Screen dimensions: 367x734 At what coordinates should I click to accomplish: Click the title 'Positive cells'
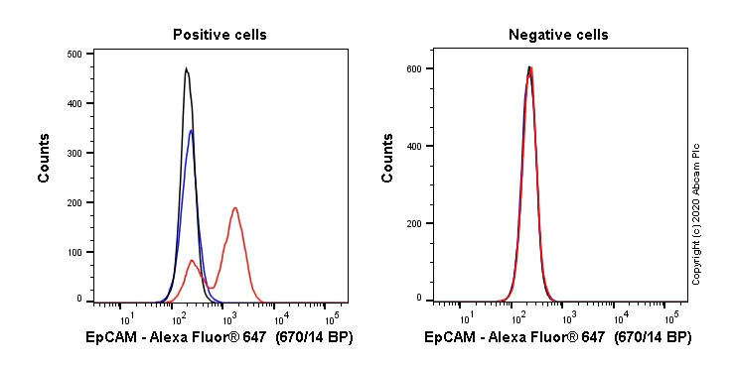pos(220,35)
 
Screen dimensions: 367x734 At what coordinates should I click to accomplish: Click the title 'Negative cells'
pos(558,35)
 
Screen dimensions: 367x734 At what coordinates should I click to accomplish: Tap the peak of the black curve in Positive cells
pos(186,68)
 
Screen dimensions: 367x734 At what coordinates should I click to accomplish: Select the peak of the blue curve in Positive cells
pos(191,130)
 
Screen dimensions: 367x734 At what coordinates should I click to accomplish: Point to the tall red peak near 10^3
pos(234,207)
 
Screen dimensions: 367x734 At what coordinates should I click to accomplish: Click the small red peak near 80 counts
pos(192,260)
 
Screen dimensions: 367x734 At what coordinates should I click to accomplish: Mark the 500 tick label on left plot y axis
pos(73,55)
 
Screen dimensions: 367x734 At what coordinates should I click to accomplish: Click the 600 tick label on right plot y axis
pos(416,68)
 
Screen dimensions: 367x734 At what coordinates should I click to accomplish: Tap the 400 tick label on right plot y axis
pos(416,146)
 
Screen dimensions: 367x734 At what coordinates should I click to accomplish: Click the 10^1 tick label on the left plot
pos(127,318)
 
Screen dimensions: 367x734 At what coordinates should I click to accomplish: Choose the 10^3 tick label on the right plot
pos(569,318)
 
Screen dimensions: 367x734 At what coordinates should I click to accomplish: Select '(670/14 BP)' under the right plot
pos(653,338)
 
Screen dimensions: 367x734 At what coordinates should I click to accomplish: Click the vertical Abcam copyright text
pos(696,214)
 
